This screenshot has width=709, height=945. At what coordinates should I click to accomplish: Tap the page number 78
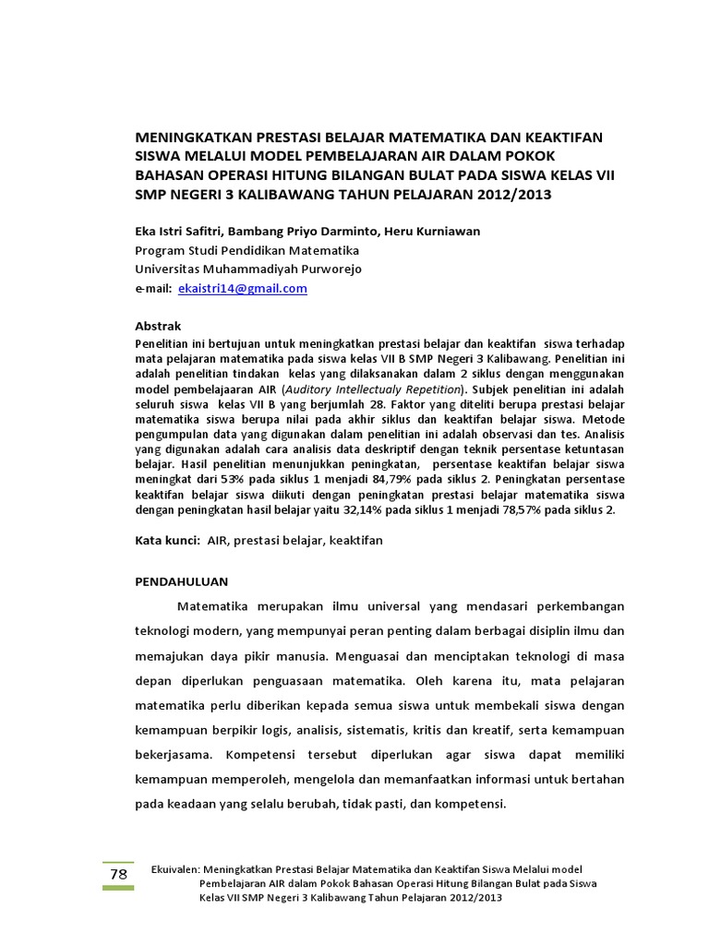118,874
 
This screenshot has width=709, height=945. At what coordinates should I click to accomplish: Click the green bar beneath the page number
118,888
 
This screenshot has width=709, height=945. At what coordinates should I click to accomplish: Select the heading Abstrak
159,326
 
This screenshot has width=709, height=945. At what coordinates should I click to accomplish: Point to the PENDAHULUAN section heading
181,581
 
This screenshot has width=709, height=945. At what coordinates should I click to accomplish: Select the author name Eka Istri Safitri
177,232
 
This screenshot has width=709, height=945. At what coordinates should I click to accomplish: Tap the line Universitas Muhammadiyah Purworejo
248,269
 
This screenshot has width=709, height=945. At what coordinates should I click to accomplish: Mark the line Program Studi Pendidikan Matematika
247,250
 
